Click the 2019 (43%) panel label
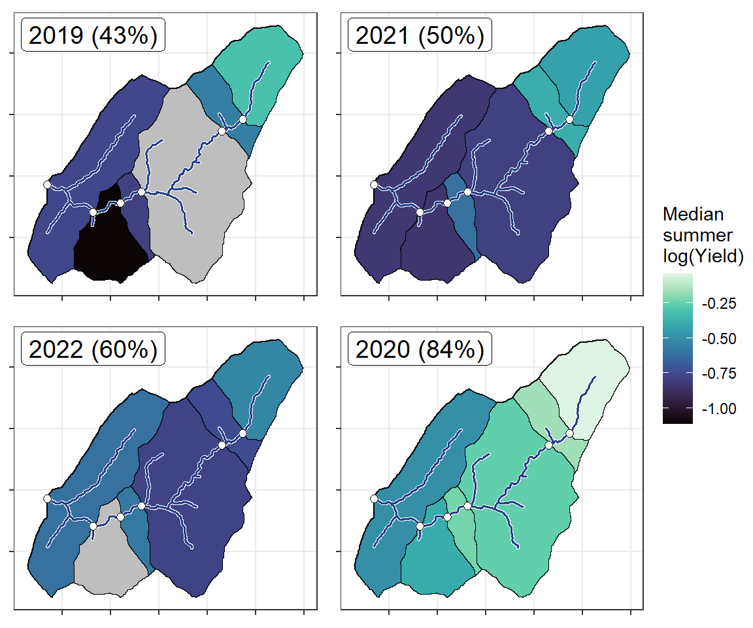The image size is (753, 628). tap(93, 37)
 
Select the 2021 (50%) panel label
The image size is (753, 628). tap(420, 37)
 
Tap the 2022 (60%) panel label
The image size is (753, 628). tap(93, 351)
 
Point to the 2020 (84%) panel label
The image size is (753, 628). tap(420, 351)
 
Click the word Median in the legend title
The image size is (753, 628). tap(693, 215)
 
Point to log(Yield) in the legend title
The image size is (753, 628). tap(703, 258)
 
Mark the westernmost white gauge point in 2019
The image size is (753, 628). tap(47, 185)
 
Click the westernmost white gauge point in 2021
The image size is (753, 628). tap(373, 185)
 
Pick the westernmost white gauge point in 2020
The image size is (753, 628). tap(373, 499)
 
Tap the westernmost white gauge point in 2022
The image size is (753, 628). tap(47, 499)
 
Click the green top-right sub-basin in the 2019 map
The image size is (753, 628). tap(261, 65)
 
